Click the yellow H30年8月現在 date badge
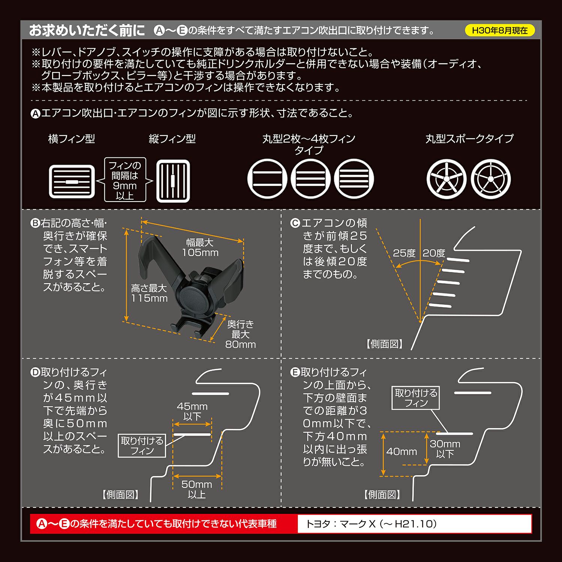point(500,30)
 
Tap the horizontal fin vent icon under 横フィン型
point(72,182)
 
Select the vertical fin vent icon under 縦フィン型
point(173,181)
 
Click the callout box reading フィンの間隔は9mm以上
point(125,180)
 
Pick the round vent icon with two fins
point(267,179)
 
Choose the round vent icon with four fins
point(354,179)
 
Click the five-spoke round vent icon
point(446,179)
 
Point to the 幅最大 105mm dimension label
point(200,248)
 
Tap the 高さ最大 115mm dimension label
point(149,293)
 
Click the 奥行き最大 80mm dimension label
point(241,334)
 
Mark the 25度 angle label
point(404,253)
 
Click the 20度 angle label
point(433,253)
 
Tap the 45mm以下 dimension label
point(192,411)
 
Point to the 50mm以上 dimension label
point(197,489)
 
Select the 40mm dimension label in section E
point(402,452)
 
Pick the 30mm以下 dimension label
point(445,449)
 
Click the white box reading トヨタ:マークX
point(414,524)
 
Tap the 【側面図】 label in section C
point(385,344)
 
